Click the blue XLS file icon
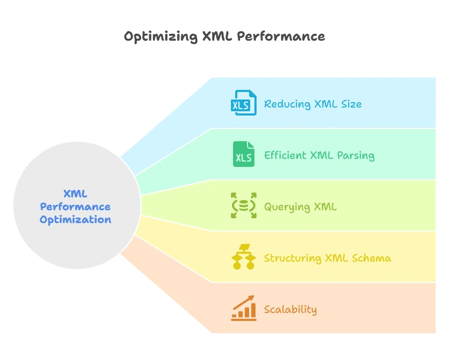243,103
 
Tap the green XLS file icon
243,155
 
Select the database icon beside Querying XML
243,206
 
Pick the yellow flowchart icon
243,257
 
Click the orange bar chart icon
243,309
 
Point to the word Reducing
287,104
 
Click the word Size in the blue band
351,104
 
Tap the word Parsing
355,156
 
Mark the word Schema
371,258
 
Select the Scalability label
290,310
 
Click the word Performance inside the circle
75,206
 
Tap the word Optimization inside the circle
75,219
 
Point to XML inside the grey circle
75,194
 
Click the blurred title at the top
224,37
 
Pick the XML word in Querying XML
324,207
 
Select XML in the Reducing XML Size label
326,104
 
